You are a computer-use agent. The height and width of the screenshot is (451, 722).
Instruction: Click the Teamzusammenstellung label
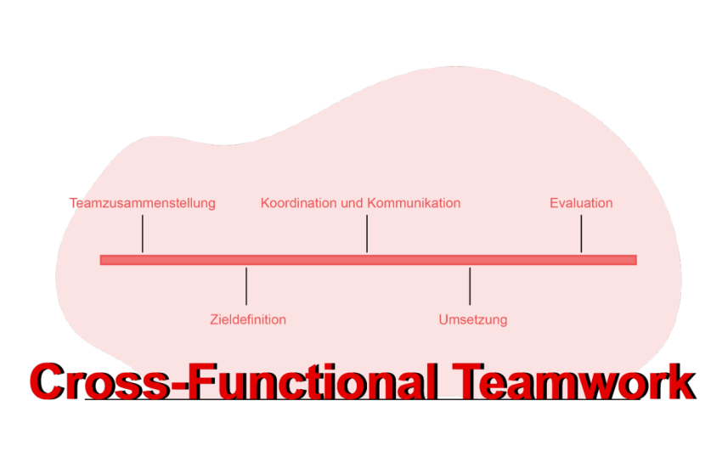pos(143,203)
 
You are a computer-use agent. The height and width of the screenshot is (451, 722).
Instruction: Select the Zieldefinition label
pos(248,320)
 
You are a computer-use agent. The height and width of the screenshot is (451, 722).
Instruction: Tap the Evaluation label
pos(581,203)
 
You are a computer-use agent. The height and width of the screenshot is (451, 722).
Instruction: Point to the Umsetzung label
pos(473,320)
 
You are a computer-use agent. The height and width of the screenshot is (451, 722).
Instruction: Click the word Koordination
pos(299,203)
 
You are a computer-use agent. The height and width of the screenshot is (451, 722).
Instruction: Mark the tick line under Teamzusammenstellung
pos(143,234)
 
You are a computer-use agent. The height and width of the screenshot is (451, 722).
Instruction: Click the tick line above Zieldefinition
pos(246,286)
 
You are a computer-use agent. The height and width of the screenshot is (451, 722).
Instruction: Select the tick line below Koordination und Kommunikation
pos(367,234)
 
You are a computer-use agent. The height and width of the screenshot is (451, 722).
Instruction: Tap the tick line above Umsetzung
pos(470,286)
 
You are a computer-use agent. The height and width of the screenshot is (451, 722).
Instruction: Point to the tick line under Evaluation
pos(581,234)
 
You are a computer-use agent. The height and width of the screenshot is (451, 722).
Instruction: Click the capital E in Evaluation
pos(554,203)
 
